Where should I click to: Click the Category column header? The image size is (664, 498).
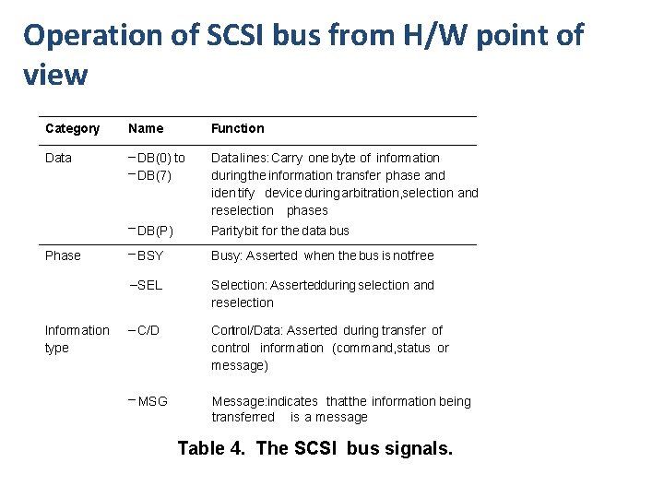[72, 128]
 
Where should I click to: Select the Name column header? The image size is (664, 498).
[146, 128]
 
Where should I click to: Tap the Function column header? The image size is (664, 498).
[237, 128]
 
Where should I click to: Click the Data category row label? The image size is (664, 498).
[58, 158]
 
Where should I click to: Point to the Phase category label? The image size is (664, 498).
[63, 255]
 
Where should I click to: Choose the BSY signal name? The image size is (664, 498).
[149, 255]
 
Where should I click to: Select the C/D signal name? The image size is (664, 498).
[148, 330]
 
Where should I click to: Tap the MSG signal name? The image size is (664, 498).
[152, 401]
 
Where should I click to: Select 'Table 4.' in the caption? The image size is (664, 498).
[212, 448]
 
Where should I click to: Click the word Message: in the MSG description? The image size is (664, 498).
[239, 401]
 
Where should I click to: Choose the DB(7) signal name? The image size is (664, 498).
[158, 174]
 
